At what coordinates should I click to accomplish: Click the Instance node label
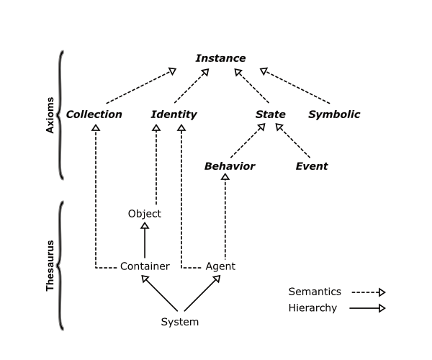[220, 58]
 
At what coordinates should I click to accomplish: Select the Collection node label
[94, 114]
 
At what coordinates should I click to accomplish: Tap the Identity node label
[174, 114]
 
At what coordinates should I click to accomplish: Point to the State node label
[271, 114]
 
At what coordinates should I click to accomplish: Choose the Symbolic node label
[334, 114]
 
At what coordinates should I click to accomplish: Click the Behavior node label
[229, 166]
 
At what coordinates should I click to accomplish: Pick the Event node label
[312, 166]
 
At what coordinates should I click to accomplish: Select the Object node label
[144, 214]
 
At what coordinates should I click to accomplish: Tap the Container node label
[145, 266]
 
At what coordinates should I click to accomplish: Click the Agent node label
[220, 266]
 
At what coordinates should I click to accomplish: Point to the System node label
[179, 322]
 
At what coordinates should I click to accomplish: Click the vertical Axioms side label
[50, 115]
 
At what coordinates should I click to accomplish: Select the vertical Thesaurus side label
[50, 266]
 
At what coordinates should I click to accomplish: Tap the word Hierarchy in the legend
[312, 308]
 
